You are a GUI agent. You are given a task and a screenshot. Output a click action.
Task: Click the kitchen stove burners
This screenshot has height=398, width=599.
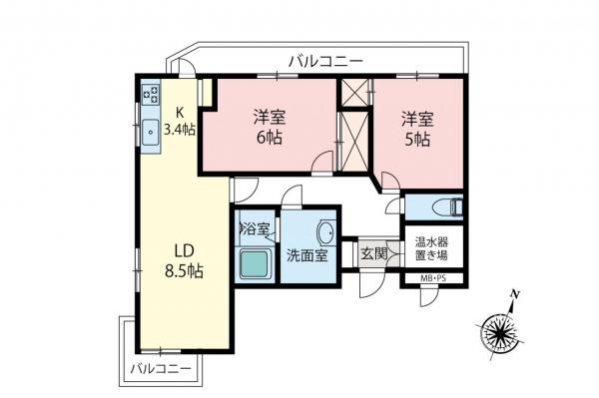click(x=153, y=96)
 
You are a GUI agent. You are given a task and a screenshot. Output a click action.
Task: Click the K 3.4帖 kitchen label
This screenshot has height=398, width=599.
click(x=183, y=120)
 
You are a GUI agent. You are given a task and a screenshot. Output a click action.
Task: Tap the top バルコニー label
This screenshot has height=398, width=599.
click(x=325, y=60)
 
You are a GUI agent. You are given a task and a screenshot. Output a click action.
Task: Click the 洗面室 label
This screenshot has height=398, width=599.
click(x=307, y=255)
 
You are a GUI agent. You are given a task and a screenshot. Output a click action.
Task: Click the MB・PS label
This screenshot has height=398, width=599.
click(x=433, y=279)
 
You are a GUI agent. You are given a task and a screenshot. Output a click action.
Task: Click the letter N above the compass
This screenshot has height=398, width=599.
click(x=515, y=294)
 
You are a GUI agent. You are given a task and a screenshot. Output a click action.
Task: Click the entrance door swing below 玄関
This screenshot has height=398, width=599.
click(x=370, y=281)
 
